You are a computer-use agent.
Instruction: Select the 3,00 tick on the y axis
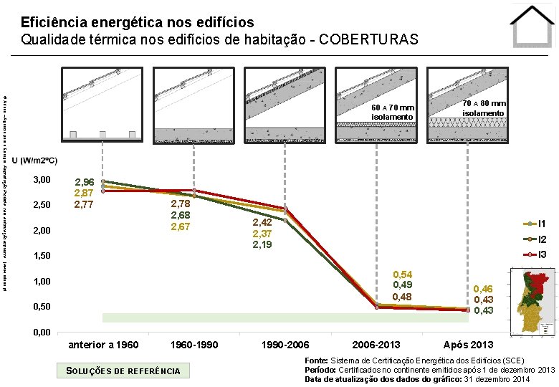[42, 179]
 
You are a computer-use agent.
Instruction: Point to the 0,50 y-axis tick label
[42, 307]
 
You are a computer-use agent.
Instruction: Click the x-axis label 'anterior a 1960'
[103, 345]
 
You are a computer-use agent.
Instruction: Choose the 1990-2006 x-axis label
[285, 345]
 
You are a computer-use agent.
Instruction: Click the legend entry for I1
[543, 224]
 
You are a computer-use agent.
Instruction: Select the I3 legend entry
[543, 254]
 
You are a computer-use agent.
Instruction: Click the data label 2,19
[262, 244]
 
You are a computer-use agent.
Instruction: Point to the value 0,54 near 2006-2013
[401, 275]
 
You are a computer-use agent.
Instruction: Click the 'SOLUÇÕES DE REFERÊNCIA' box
[123, 370]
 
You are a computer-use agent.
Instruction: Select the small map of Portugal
[532, 301]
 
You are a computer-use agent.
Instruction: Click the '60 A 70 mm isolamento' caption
[393, 112]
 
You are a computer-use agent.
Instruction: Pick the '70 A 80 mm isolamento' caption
[484, 108]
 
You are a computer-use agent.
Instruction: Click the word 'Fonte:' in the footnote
[317, 360]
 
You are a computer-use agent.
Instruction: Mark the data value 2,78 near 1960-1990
[179, 205]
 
